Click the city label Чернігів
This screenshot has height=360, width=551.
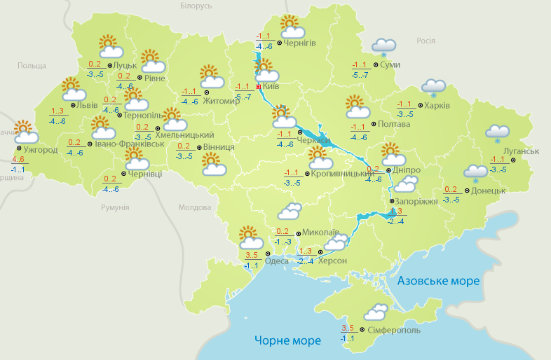click(x=301, y=43)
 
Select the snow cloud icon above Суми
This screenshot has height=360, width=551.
click(x=384, y=47)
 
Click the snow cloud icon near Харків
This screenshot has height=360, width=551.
click(x=433, y=88)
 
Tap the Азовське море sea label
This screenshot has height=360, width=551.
click(x=438, y=281)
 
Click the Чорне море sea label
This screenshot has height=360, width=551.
click(x=287, y=341)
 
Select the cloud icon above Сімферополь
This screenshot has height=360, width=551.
click(x=376, y=312)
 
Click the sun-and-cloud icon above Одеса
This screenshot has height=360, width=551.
click(x=249, y=236)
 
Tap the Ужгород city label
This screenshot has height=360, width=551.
click(x=39, y=150)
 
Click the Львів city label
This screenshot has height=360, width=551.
click(x=87, y=105)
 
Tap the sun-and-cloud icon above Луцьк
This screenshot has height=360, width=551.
click(x=110, y=47)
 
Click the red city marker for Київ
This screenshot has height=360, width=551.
click(x=258, y=87)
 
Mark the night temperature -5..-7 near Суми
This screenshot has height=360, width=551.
click(x=361, y=75)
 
